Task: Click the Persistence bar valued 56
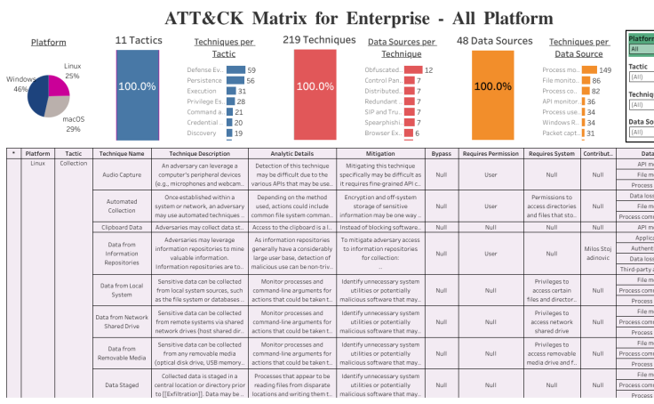tap(235, 80)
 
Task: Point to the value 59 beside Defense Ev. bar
tap(252, 69)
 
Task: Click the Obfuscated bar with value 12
tap(413, 69)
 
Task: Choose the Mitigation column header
tap(379, 153)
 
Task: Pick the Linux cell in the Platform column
tap(37, 164)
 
